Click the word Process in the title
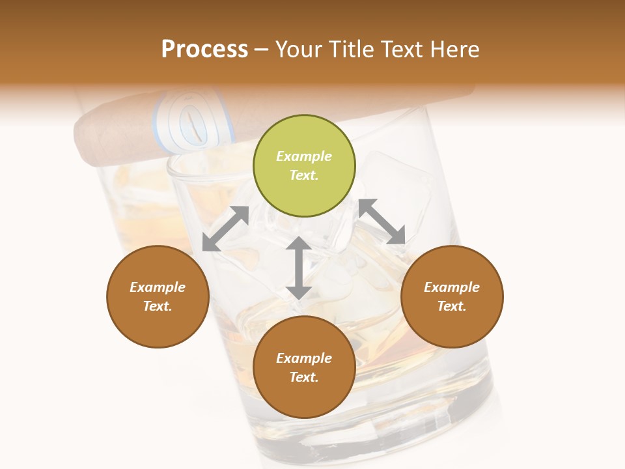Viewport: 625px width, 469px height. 204,50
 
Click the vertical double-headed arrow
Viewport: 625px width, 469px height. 298,268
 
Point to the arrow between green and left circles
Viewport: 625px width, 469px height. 225,229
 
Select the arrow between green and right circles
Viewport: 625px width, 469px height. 382,221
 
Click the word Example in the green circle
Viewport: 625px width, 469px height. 304,156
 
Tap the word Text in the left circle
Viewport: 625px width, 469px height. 158,306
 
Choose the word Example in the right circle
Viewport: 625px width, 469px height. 452,287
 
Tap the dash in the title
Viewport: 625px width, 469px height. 262,50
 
